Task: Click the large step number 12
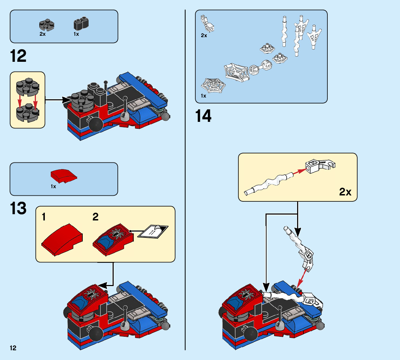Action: [x=18, y=56]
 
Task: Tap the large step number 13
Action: [x=18, y=208]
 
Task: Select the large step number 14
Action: [x=203, y=116]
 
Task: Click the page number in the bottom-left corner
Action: [x=13, y=348]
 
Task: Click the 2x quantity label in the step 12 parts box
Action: [x=42, y=34]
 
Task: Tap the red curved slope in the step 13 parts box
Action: [x=64, y=176]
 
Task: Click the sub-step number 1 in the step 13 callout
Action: [x=44, y=217]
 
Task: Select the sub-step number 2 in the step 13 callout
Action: [x=96, y=217]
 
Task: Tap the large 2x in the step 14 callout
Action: [x=345, y=192]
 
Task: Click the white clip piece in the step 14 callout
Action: [x=319, y=166]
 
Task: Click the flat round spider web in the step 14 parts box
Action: [x=213, y=85]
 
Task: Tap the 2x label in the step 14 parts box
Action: [x=204, y=35]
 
